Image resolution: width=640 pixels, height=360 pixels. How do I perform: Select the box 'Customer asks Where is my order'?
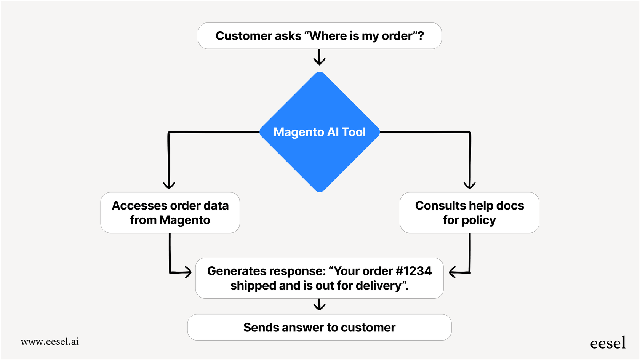tap(320, 36)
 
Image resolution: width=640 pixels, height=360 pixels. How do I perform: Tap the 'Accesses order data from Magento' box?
tap(170, 213)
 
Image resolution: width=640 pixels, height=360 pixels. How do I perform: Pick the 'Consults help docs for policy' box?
tap(469, 213)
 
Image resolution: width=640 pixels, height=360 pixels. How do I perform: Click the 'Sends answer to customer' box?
tap(319, 327)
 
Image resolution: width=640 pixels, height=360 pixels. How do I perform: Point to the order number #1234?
tap(414, 271)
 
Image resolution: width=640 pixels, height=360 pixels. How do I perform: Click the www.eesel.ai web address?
tap(50, 341)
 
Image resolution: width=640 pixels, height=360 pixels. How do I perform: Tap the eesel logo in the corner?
tap(608, 343)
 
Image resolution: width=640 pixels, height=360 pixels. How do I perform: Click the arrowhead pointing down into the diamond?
tap(319, 61)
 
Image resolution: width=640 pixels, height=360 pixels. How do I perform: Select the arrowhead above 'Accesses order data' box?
tap(169, 185)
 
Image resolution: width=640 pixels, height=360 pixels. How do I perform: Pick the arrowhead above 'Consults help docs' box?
tap(469, 185)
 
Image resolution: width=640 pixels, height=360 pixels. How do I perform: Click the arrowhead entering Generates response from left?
tap(188, 272)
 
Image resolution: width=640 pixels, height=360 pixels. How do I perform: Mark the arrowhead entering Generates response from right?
tap(453, 272)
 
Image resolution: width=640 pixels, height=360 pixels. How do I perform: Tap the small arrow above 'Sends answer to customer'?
tap(319, 306)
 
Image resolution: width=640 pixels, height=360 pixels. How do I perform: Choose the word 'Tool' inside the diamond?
tap(354, 132)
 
